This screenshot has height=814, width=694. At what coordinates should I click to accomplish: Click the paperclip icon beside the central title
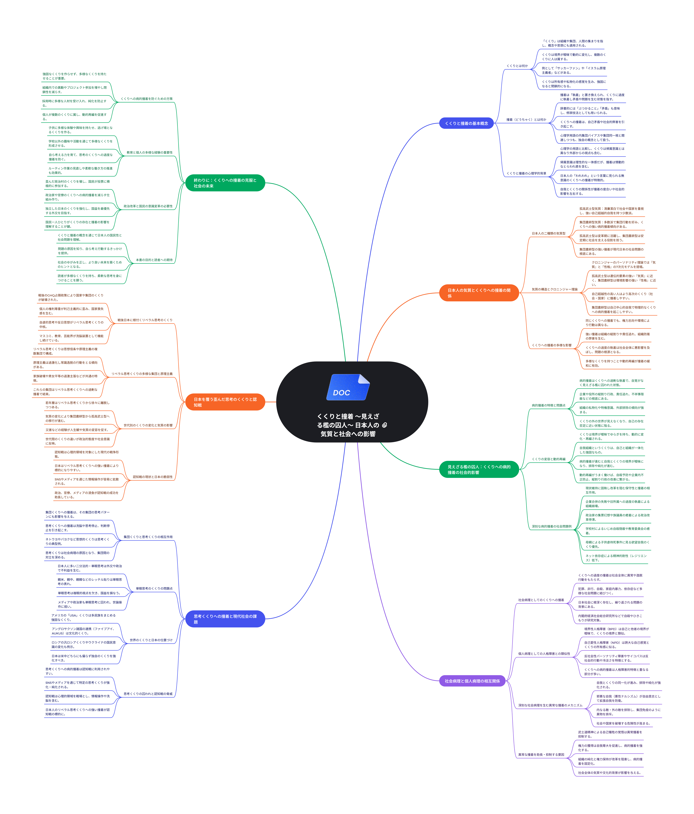click(x=384, y=425)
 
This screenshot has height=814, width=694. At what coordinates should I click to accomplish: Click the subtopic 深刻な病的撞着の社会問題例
click(x=551, y=526)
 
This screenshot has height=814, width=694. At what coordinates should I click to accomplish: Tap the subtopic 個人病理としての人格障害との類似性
click(x=544, y=654)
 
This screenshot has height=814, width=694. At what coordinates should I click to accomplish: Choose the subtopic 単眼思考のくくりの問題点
click(x=154, y=588)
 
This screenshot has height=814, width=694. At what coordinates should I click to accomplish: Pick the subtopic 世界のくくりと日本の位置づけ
click(x=151, y=640)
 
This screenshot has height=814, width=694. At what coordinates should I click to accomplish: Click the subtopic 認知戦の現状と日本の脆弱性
click(x=152, y=477)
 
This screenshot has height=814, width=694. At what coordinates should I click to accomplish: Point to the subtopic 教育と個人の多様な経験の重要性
click(x=149, y=152)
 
